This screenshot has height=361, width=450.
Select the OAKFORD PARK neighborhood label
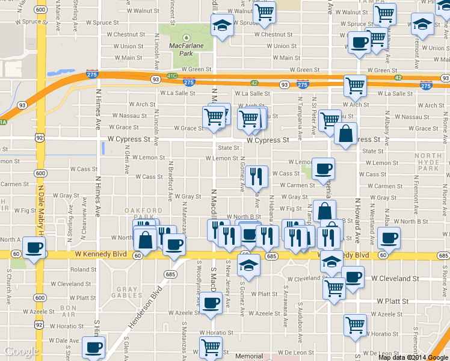pos(144,213)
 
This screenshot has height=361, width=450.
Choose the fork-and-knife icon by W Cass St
pos(257,176)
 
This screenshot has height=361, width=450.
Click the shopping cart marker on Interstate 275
pos(356,85)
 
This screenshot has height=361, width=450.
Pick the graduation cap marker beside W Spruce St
pos(222,25)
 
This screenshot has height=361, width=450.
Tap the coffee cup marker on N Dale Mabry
pos(34,247)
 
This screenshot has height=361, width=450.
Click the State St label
pos(229,147)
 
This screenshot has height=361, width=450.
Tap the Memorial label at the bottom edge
pos(249,356)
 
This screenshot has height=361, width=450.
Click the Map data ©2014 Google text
pos(413,357)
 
